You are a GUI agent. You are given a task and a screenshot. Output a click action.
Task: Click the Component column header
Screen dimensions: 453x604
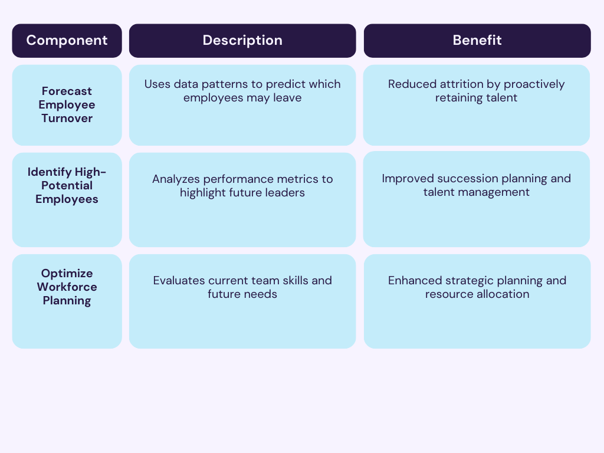67,41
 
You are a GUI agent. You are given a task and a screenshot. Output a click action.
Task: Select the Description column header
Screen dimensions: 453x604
242,41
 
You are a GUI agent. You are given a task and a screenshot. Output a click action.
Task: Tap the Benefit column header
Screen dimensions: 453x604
477,41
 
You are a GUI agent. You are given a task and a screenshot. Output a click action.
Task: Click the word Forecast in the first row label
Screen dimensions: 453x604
67,91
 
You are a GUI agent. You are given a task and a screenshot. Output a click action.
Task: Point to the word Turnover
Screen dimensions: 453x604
67,118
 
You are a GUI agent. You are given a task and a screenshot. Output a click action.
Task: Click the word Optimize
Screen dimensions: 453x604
67,273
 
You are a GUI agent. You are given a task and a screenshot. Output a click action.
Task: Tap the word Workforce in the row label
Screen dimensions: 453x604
67,287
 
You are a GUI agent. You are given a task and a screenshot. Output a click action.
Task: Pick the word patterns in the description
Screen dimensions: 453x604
221,84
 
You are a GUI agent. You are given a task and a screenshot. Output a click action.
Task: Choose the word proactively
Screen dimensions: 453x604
534,84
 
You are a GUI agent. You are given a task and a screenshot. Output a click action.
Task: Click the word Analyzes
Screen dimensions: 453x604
176,179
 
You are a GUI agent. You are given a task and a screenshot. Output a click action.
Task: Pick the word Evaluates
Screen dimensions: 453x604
178,280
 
